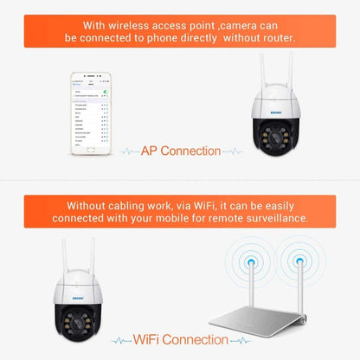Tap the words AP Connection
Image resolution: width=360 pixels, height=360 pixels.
coord(180,151)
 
